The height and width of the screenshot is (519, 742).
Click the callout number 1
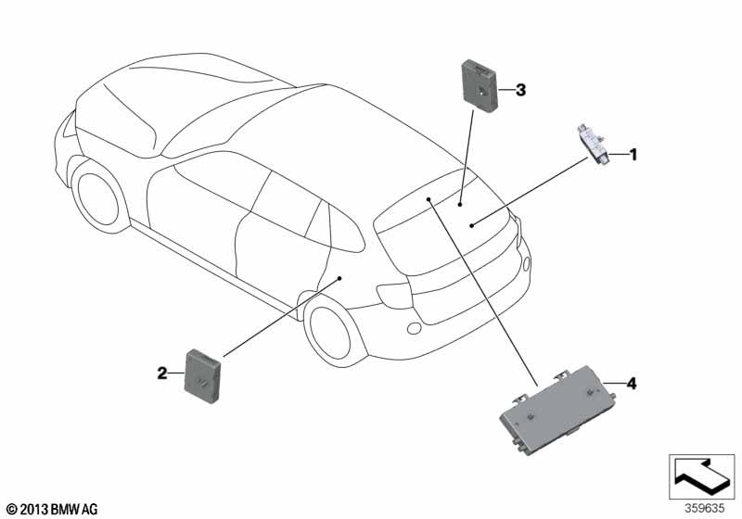(633, 155)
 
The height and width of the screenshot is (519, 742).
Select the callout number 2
(162, 373)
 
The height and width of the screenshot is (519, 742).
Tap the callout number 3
(520, 90)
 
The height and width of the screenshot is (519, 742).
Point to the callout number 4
(632, 384)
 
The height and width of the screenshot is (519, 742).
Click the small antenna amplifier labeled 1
(593, 146)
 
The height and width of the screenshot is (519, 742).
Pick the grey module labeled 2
(203, 376)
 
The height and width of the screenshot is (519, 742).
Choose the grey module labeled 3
(480, 86)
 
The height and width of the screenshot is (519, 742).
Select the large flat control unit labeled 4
(558, 411)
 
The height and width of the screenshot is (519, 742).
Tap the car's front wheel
(98, 198)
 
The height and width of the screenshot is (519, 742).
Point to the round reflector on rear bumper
(414, 328)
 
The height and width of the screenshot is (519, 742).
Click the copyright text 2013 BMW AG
(53, 510)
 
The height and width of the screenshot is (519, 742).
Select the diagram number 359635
(705, 509)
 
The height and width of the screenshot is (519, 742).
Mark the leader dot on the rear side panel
(339, 278)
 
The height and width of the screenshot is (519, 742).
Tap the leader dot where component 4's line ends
(429, 199)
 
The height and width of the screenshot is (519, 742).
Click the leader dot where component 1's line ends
(471, 225)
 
